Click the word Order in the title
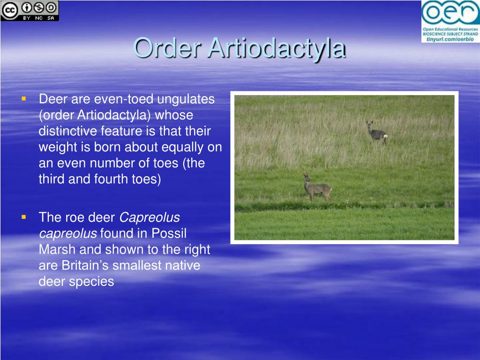(167, 48)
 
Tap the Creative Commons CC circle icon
(9, 10)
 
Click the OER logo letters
(450, 13)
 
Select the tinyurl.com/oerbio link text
(450, 39)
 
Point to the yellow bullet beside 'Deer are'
(24, 98)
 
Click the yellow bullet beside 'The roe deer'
(24, 217)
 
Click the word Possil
(169, 233)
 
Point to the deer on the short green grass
(317, 187)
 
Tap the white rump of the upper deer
(385, 135)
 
